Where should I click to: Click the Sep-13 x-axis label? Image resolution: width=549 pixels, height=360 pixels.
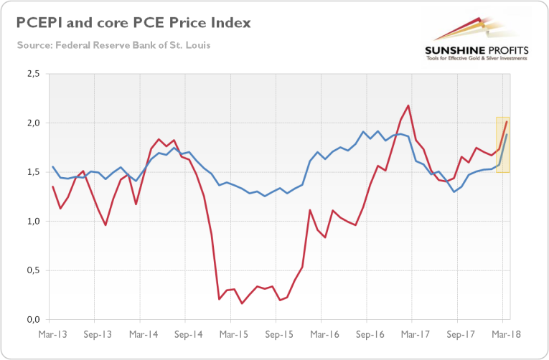tap(97, 334)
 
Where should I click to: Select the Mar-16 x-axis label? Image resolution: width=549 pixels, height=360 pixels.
tap(325, 334)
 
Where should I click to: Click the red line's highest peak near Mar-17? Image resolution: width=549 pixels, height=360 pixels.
tap(408, 106)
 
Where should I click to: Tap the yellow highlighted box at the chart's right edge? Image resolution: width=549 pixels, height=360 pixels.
tap(502, 144)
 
